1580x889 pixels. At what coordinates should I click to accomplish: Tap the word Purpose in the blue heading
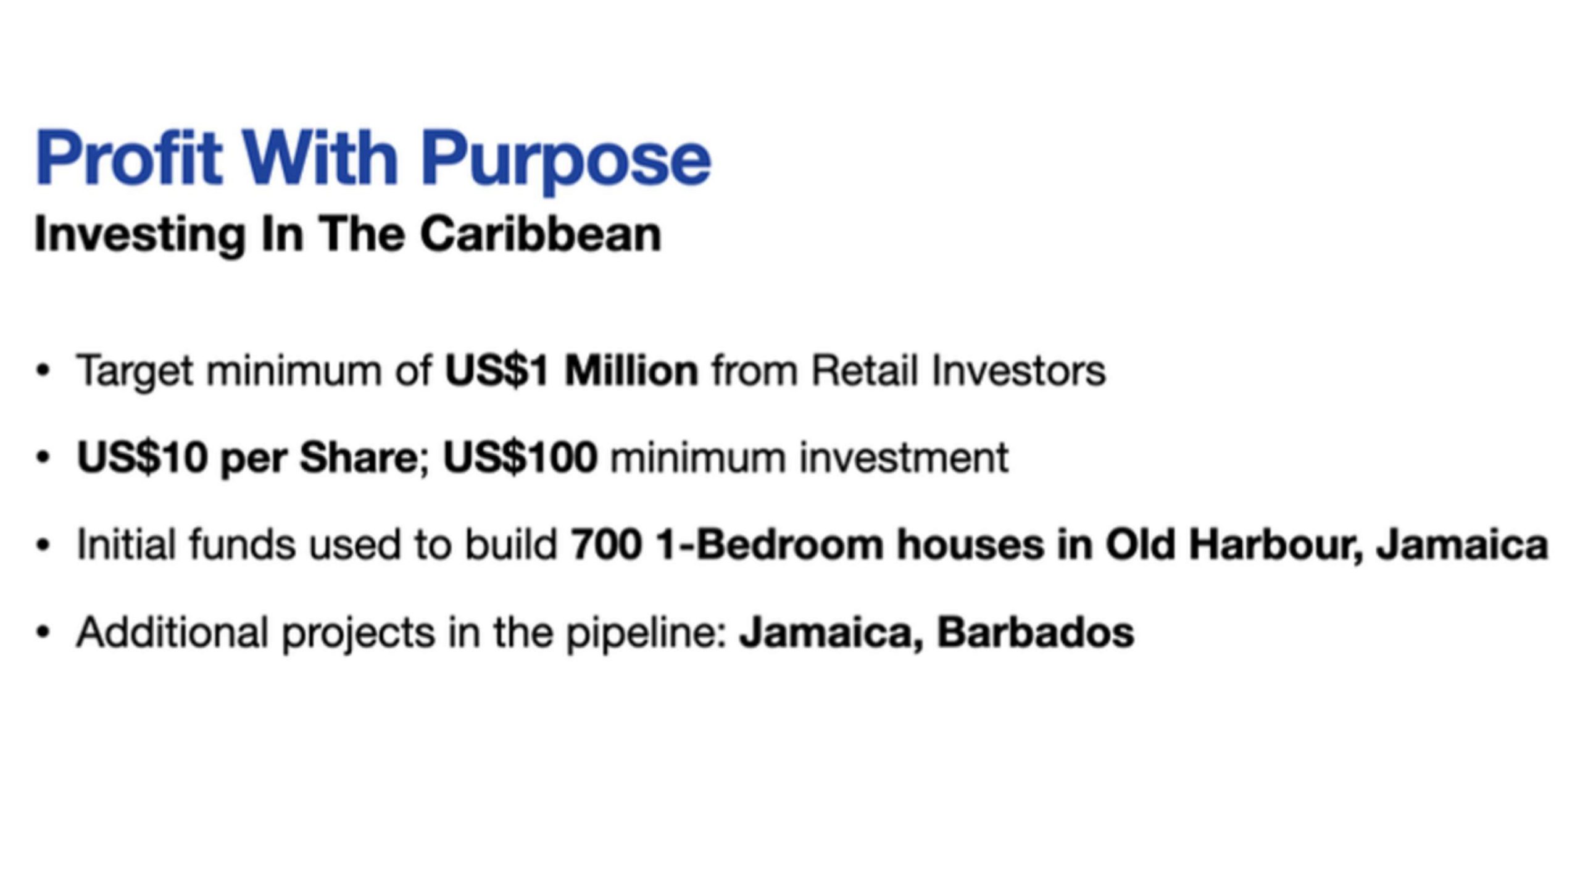point(566,162)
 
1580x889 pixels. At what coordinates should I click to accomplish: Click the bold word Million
point(631,370)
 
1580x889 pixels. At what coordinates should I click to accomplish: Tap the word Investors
point(1019,370)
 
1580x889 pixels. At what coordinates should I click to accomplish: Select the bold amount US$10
point(141,458)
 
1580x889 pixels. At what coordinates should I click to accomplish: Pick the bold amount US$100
point(520,458)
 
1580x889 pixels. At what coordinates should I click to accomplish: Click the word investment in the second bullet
point(904,458)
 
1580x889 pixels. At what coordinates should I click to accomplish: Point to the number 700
point(606,545)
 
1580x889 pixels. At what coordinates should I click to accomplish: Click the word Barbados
point(1036,632)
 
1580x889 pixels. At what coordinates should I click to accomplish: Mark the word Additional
point(172,632)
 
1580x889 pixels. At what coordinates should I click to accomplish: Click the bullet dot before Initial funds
point(43,546)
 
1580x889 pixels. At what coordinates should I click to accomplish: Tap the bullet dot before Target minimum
point(43,371)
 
